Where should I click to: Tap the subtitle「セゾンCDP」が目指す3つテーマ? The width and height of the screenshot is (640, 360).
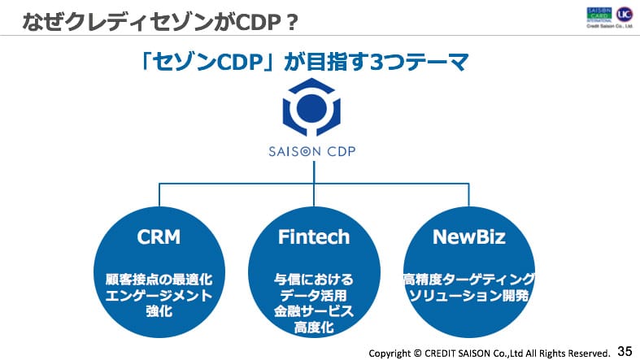click(x=306, y=64)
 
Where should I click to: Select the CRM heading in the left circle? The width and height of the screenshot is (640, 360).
click(x=159, y=237)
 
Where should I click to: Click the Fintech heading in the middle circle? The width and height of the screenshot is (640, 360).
click(x=313, y=237)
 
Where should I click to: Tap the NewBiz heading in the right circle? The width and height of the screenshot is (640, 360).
click(x=469, y=237)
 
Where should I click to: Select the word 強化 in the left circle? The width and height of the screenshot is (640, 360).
click(x=159, y=311)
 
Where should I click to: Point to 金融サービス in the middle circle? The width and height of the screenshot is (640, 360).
click(x=313, y=311)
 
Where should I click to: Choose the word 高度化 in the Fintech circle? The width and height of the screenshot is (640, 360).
click(x=313, y=327)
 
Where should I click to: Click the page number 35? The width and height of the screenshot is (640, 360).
click(x=625, y=351)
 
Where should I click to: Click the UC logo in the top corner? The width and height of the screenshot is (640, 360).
click(x=625, y=15)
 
